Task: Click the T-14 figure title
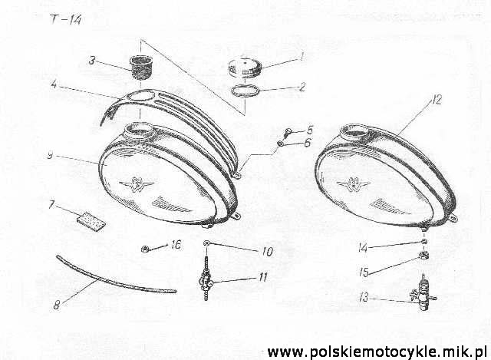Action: pos(65,20)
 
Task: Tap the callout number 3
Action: pos(91,61)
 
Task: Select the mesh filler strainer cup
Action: pos(141,67)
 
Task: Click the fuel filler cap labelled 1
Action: pos(244,68)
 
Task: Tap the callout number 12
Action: pos(436,100)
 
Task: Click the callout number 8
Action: pos(57,304)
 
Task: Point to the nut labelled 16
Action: pos(145,249)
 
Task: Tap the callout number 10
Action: pos(268,251)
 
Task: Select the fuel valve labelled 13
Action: pos(423,292)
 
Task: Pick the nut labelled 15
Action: pos(423,256)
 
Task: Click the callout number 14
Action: pos(363,248)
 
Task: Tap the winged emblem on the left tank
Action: pos(137,183)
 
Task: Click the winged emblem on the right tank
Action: pos(354,184)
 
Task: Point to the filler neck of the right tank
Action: pos(354,133)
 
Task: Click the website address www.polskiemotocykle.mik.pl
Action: pos(377,352)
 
